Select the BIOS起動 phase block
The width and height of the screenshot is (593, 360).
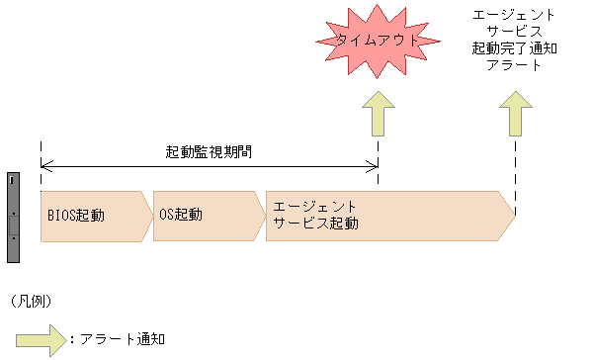click(94, 215)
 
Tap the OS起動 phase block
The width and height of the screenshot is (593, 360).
click(206, 215)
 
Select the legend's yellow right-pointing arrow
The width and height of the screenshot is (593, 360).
click(40, 339)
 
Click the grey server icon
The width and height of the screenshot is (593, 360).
click(14, 217)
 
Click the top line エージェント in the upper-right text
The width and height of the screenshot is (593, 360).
click(514, 16)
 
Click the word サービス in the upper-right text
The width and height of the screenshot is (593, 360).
click(514, 33)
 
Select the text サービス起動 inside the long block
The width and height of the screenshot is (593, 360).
click(316, 224)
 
